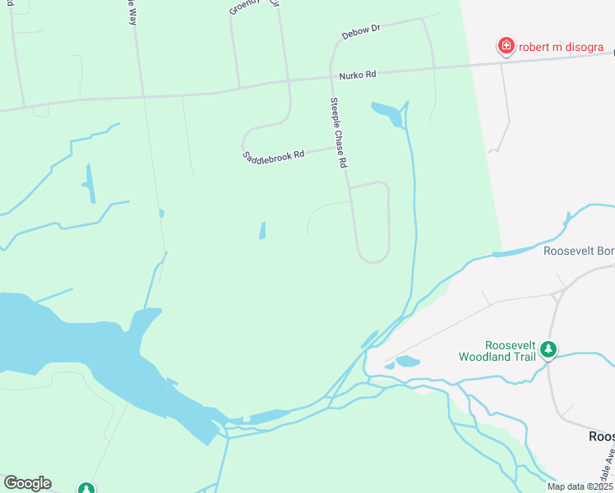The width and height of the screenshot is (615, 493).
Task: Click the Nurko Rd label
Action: pyautogui.click(x=358, y=75)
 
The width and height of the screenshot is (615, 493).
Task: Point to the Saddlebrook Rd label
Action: pyautogui.click(x=274, y=154)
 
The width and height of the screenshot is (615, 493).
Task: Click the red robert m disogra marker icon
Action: pyautogui.click(x=506, y=46)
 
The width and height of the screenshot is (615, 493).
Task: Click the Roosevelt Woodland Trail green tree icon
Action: pyautogui.click(x=548, y=352)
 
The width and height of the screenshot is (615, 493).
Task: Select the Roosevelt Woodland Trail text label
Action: pyautogui.click(x=499, y=351)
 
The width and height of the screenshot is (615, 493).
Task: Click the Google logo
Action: pyautogui.click(x=27, y=483)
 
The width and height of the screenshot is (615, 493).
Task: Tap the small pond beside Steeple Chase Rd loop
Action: pyautogui.click(x=262, y=231)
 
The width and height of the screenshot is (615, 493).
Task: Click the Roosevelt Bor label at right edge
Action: pyautogui.click(x=579, y=251)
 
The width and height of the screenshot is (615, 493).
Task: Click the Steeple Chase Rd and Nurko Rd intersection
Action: pyautogui.click(x=331, y=78)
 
